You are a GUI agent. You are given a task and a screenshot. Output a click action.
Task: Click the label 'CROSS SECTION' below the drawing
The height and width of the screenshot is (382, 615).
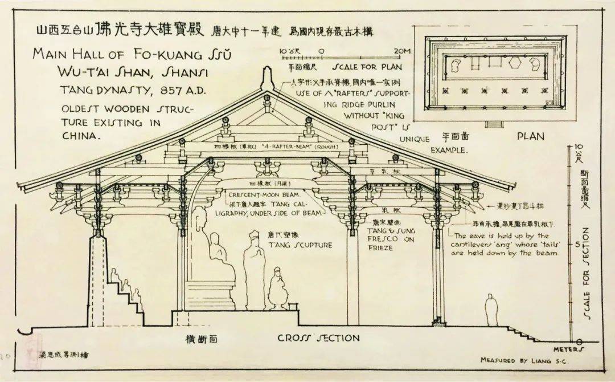[318, 338]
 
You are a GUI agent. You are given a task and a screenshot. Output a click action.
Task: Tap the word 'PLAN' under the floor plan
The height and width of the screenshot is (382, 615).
[530, 136]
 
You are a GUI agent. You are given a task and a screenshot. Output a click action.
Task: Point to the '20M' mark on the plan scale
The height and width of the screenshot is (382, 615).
[402, 51]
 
